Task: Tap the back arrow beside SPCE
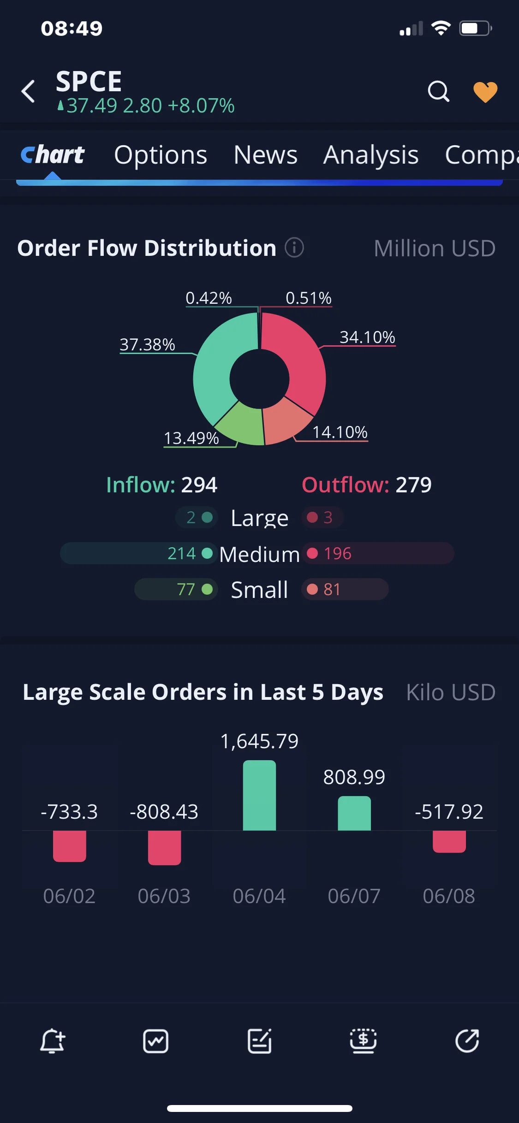(28, 91)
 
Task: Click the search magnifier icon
(438, 91)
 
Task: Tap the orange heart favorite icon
(485, 92)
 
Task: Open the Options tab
(161, 155)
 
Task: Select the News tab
(265, 155)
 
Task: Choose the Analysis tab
(371, 155)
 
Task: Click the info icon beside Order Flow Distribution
(294, 248)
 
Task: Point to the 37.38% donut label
(148, 344)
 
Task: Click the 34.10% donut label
(368, 337)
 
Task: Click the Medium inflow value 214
(182, 553)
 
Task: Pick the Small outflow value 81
(332, 589)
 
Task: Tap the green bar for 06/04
(259, 795)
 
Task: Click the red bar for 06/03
(164, 848)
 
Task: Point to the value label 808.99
(354, 777)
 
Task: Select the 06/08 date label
(449, 896)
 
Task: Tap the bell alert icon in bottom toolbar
(52, 1041)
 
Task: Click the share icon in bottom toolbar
(467, 1041)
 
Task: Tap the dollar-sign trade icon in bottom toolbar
(363, 1041)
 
